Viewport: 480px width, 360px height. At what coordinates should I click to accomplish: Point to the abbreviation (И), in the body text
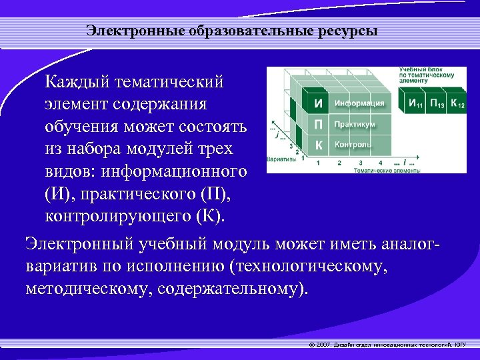point(61,195)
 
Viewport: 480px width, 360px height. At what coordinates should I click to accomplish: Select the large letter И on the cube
point(319,103)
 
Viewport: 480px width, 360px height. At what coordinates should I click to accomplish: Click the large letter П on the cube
point(319,125)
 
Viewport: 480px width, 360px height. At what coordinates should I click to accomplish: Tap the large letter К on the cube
point(319,145)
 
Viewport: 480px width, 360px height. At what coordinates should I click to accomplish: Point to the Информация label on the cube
point(359,103)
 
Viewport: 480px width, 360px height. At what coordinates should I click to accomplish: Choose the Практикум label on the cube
point(355,125)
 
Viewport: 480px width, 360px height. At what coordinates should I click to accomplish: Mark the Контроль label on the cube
point(353,145)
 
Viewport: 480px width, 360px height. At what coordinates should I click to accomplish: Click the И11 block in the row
point(417,103)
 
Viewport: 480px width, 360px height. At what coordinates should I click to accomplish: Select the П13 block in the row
point(437,103)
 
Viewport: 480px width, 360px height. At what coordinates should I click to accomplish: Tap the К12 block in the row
point(457,103)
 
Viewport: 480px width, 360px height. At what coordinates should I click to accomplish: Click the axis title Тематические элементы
point(387,170)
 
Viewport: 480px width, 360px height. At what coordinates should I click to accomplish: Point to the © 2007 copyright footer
point(387,345)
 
